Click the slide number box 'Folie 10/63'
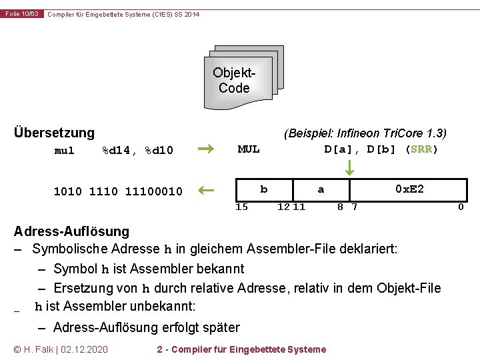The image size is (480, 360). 22,14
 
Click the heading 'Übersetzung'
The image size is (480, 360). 55,133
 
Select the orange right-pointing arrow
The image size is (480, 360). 207,149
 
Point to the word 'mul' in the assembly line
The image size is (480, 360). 64,151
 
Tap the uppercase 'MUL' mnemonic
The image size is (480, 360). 249,149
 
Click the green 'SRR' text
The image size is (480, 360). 421,149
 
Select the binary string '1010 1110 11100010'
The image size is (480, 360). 118,192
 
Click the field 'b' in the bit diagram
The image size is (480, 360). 264,189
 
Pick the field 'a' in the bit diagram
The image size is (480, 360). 321,189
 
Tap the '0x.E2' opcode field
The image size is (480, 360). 409,189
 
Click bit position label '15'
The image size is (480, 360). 242,207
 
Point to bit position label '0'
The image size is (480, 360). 460,207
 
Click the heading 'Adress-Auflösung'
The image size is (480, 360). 72,232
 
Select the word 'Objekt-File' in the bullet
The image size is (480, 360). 409,288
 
